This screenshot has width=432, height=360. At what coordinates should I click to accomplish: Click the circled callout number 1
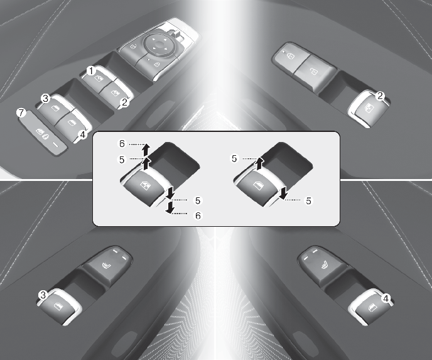(91, 71)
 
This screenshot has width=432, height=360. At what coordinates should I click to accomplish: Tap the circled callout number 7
(21, 112)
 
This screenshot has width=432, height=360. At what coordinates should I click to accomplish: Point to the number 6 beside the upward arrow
(122, 144)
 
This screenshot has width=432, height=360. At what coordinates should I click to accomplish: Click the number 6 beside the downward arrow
(198, 215)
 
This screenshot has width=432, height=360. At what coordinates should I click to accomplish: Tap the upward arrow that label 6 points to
(146, 150)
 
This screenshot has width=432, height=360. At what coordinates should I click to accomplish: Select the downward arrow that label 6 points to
(170, 207)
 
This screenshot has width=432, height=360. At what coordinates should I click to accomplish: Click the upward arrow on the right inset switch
(259, 163)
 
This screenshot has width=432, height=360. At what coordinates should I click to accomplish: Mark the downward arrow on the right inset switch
(283, 193)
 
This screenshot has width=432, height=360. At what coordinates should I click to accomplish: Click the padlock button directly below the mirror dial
(154, 65)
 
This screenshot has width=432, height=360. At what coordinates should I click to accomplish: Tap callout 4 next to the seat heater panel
(386, 298)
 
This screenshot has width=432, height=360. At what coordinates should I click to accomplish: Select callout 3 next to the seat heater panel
(43, 295)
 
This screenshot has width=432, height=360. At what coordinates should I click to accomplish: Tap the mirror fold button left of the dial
(132, 47)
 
